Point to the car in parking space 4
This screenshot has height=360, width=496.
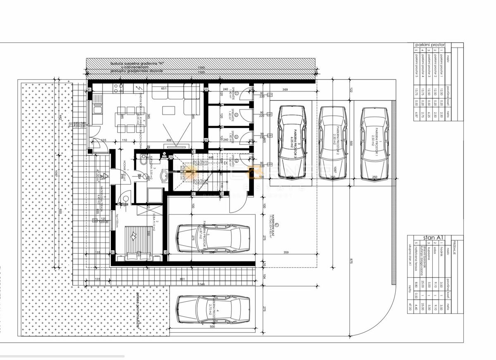point(212,310)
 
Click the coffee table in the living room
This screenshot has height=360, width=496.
point(169,110)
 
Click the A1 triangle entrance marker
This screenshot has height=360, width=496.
point(105,176)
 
